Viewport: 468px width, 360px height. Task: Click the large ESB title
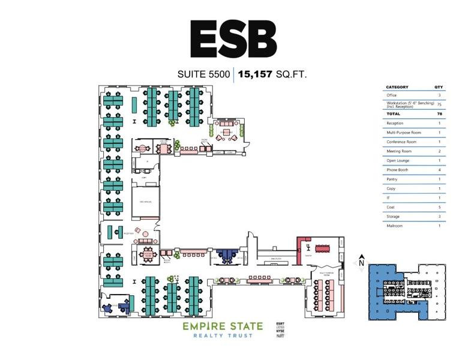(x=233, y=39)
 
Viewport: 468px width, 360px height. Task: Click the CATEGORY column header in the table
(x=397, y=87)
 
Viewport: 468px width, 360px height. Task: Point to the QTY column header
(x=438, y=87)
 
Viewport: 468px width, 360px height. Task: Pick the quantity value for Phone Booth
(x=439, y=170)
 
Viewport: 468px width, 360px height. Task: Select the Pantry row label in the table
(x=392, y=179)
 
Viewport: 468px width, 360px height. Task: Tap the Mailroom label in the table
(x=394, y=226)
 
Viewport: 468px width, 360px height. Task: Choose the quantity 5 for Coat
(x=439, y=207)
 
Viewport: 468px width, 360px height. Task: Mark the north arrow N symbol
(x=362, y=261)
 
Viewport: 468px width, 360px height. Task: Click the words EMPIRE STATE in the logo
(x=223, y=326)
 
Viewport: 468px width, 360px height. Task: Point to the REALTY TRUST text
(x=223, y=335)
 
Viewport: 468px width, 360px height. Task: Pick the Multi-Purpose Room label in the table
(x=404, y=132)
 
